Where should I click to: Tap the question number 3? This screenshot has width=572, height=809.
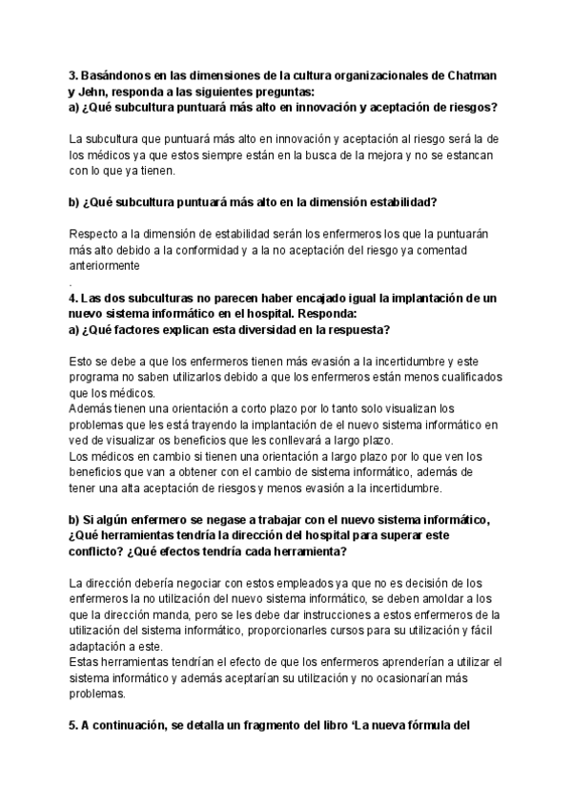pyautogui.click(x=73, y=74)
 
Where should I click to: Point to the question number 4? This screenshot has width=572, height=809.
pyautogui.click(x=73, y=299)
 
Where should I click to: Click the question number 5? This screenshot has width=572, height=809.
pyautogui.click(x=73, y=724)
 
